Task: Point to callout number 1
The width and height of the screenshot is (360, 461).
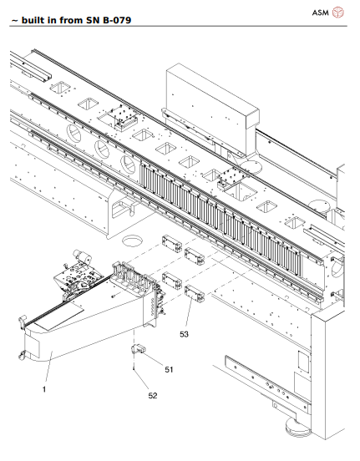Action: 43,388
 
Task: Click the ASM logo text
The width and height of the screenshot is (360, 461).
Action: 321,13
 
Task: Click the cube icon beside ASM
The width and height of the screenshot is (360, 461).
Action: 338,13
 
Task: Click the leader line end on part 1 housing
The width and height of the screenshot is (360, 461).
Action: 55,355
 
